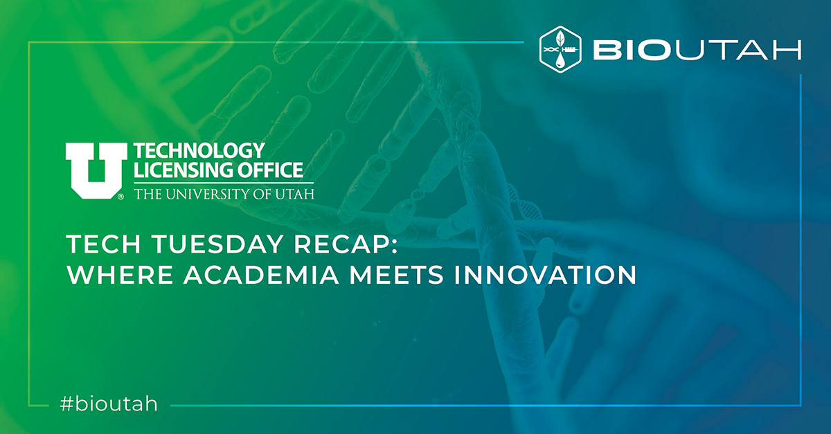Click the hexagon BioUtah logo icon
pyautogui.click(x=560, y=49)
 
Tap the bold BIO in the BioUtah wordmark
pyautogui.click(x=633, y=50)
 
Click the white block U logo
pyautogui.click(x=96, y=171)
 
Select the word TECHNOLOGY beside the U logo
pyautogui.click(x=199, y=151)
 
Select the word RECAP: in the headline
pyautogui.click(x=346, y=244)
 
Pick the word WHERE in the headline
pyautogui.click(x=120, y=275)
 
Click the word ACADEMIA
pyautogui.click(x=261, y=275)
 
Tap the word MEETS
pyautogui.click(x=396, y=275)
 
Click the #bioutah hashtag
pyautogui.click(x=109, y=404)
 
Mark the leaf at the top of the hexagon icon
pyautogui.click(x=560, y=37)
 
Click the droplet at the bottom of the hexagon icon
pyautogui.click(x=560, y=61)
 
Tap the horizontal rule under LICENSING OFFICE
pyautogui.click(x=224, y=183)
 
